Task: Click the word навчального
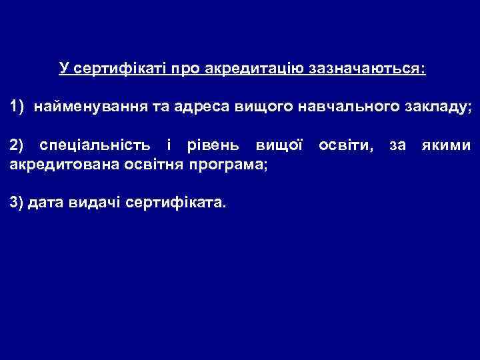350,107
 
